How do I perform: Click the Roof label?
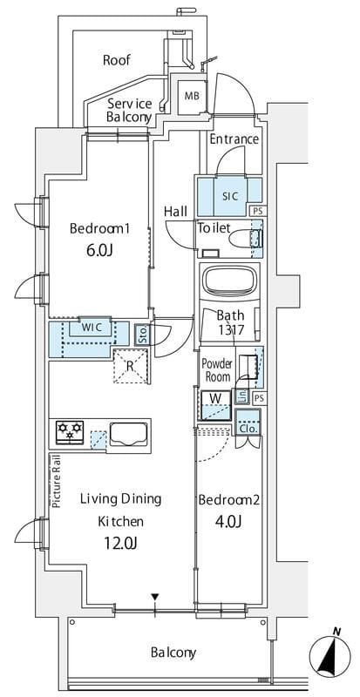click(117, 60)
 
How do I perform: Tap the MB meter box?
click(193, 96)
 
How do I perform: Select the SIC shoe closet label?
click(230, 195)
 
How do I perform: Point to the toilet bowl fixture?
click(246, 239)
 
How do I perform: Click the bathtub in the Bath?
click(230, 281)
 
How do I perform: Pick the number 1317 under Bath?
click(230, 330)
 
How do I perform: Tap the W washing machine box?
click(216, 405)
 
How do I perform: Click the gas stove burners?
click(70, 431)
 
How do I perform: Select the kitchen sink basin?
click(128, 434)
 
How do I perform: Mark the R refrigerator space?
click(130, 367)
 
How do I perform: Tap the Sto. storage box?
click(142, 335)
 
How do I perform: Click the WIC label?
click(92, 328)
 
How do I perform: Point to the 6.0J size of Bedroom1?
click(99, 251)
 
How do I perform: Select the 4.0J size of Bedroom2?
click(228, 522)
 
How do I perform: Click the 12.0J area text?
click(120, 543)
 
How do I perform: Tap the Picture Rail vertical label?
click(56, 482)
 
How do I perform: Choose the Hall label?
click(175, 212)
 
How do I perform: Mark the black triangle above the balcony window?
click(154, 597)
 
